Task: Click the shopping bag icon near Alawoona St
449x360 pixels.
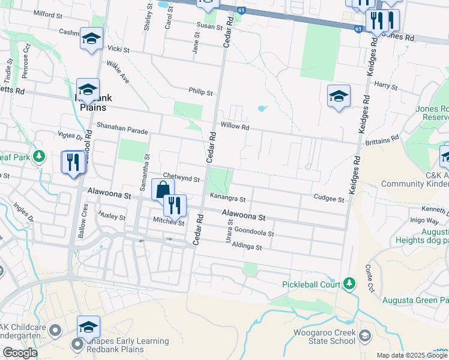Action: coord(163,190)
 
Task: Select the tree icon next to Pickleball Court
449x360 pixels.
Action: coord(349,283)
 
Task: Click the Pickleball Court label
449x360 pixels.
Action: coord(311,284)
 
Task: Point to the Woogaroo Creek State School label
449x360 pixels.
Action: coord(324,337)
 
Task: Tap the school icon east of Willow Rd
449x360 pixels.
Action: coord(339,96)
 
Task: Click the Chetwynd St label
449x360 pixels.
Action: coord(181,178)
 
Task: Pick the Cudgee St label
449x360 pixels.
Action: coord(328,199)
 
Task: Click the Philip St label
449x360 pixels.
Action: coord(200,93)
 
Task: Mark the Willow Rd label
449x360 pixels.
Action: coord(234,127)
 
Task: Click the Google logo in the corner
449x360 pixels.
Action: coord(20,353)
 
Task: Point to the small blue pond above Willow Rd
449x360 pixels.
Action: coord(262,109)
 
